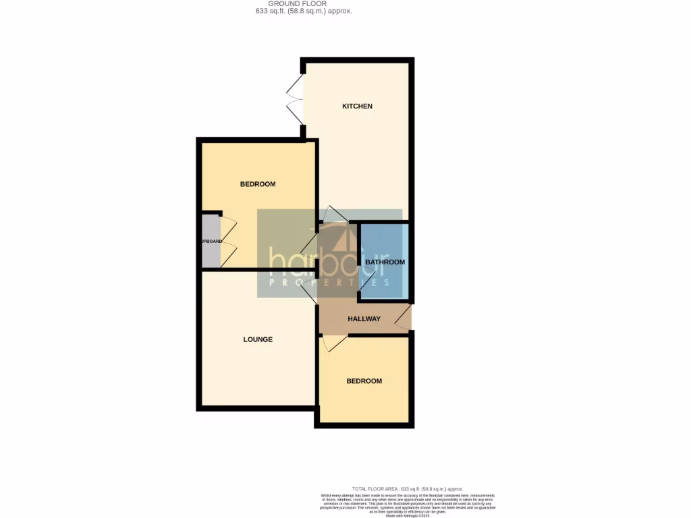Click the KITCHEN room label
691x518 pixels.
coord(357,107)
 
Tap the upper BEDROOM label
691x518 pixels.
coord(258,184)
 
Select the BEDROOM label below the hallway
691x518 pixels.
coord(364,381)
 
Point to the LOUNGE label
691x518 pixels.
coord(258,339)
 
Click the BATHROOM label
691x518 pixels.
coord(385,262)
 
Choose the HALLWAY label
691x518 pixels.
coord(364,319)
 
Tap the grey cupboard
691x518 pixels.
coord(211,241)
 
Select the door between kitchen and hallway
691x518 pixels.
coord(335,214)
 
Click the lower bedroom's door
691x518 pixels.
coord(334,343)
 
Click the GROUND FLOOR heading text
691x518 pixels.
coord(297,3)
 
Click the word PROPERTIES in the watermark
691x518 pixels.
coord(329,283)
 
